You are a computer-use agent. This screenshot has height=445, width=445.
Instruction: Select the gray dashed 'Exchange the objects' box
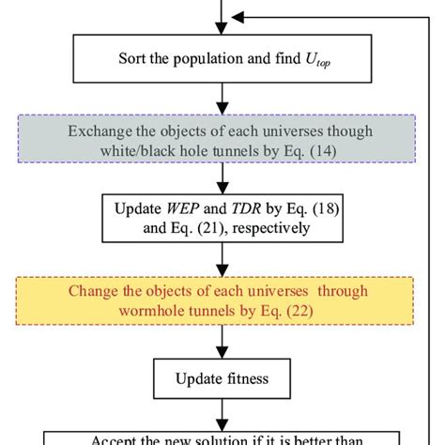222,140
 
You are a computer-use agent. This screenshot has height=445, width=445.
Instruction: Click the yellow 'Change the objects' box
222,300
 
